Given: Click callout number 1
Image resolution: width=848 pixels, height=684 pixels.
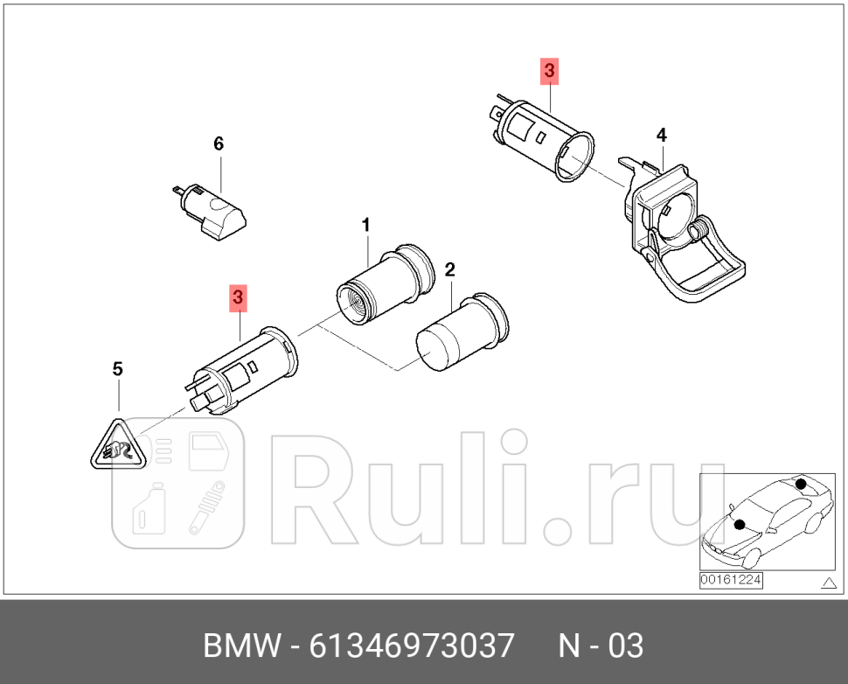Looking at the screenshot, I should pos(366,226).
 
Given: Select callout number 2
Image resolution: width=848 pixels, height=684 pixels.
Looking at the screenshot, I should pos(449,269).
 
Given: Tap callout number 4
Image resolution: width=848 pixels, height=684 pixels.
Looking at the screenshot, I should pos(662,135).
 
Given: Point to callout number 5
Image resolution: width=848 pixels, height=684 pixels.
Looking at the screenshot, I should pos(118,369).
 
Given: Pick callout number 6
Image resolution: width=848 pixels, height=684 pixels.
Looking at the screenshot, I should pos(219,143).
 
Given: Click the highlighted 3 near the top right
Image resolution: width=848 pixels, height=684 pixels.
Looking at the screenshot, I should pos(549,71).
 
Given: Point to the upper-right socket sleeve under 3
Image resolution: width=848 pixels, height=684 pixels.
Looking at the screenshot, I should pos(547,141).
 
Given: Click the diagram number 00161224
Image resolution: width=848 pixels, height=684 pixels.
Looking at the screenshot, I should pos(731,579).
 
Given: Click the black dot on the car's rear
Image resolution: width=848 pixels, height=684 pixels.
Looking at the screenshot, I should pos(800,484).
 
